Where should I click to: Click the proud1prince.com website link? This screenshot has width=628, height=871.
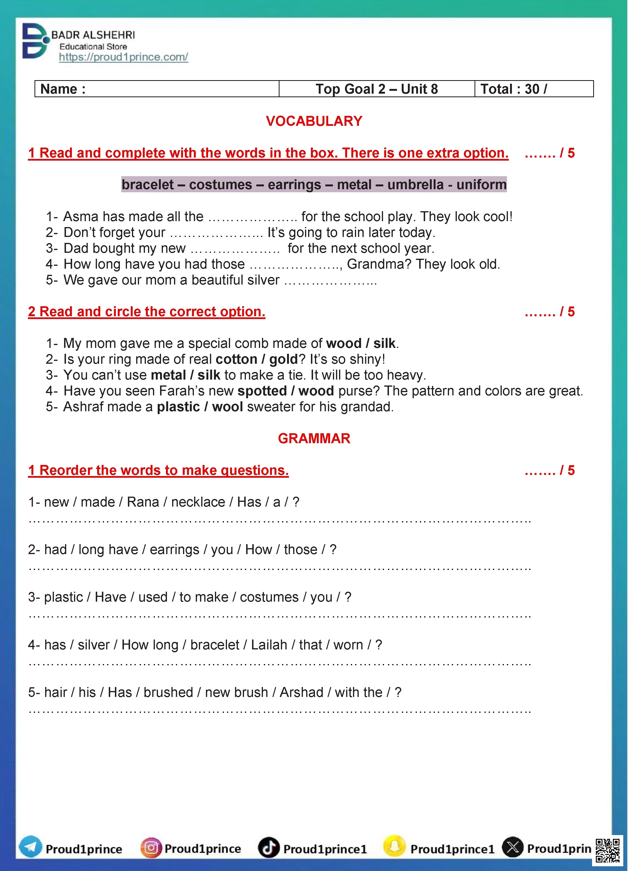(x=123, y=57)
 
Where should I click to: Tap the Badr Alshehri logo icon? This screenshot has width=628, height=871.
(x=35, y=41)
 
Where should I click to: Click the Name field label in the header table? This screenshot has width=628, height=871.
(x=63, y=89)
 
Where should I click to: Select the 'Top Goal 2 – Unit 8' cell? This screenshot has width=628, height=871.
(x=377, y=89)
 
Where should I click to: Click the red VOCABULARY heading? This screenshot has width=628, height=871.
(x=314, y=121)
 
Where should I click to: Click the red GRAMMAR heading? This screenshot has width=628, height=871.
(x=314, y=438)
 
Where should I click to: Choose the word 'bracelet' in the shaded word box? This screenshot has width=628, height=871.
(x=148, y=185)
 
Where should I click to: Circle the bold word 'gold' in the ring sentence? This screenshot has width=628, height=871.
(x=283, y=359)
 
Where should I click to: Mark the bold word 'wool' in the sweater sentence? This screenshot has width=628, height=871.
(x=227, y=407)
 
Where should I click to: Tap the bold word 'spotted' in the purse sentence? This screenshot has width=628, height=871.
(x=262, y=391)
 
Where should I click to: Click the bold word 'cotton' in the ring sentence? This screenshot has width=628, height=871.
(x=236, y=359)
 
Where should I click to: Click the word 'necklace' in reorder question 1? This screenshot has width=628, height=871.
(x=198, y=502)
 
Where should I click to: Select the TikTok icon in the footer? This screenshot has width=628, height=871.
(x=268, y=847)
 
